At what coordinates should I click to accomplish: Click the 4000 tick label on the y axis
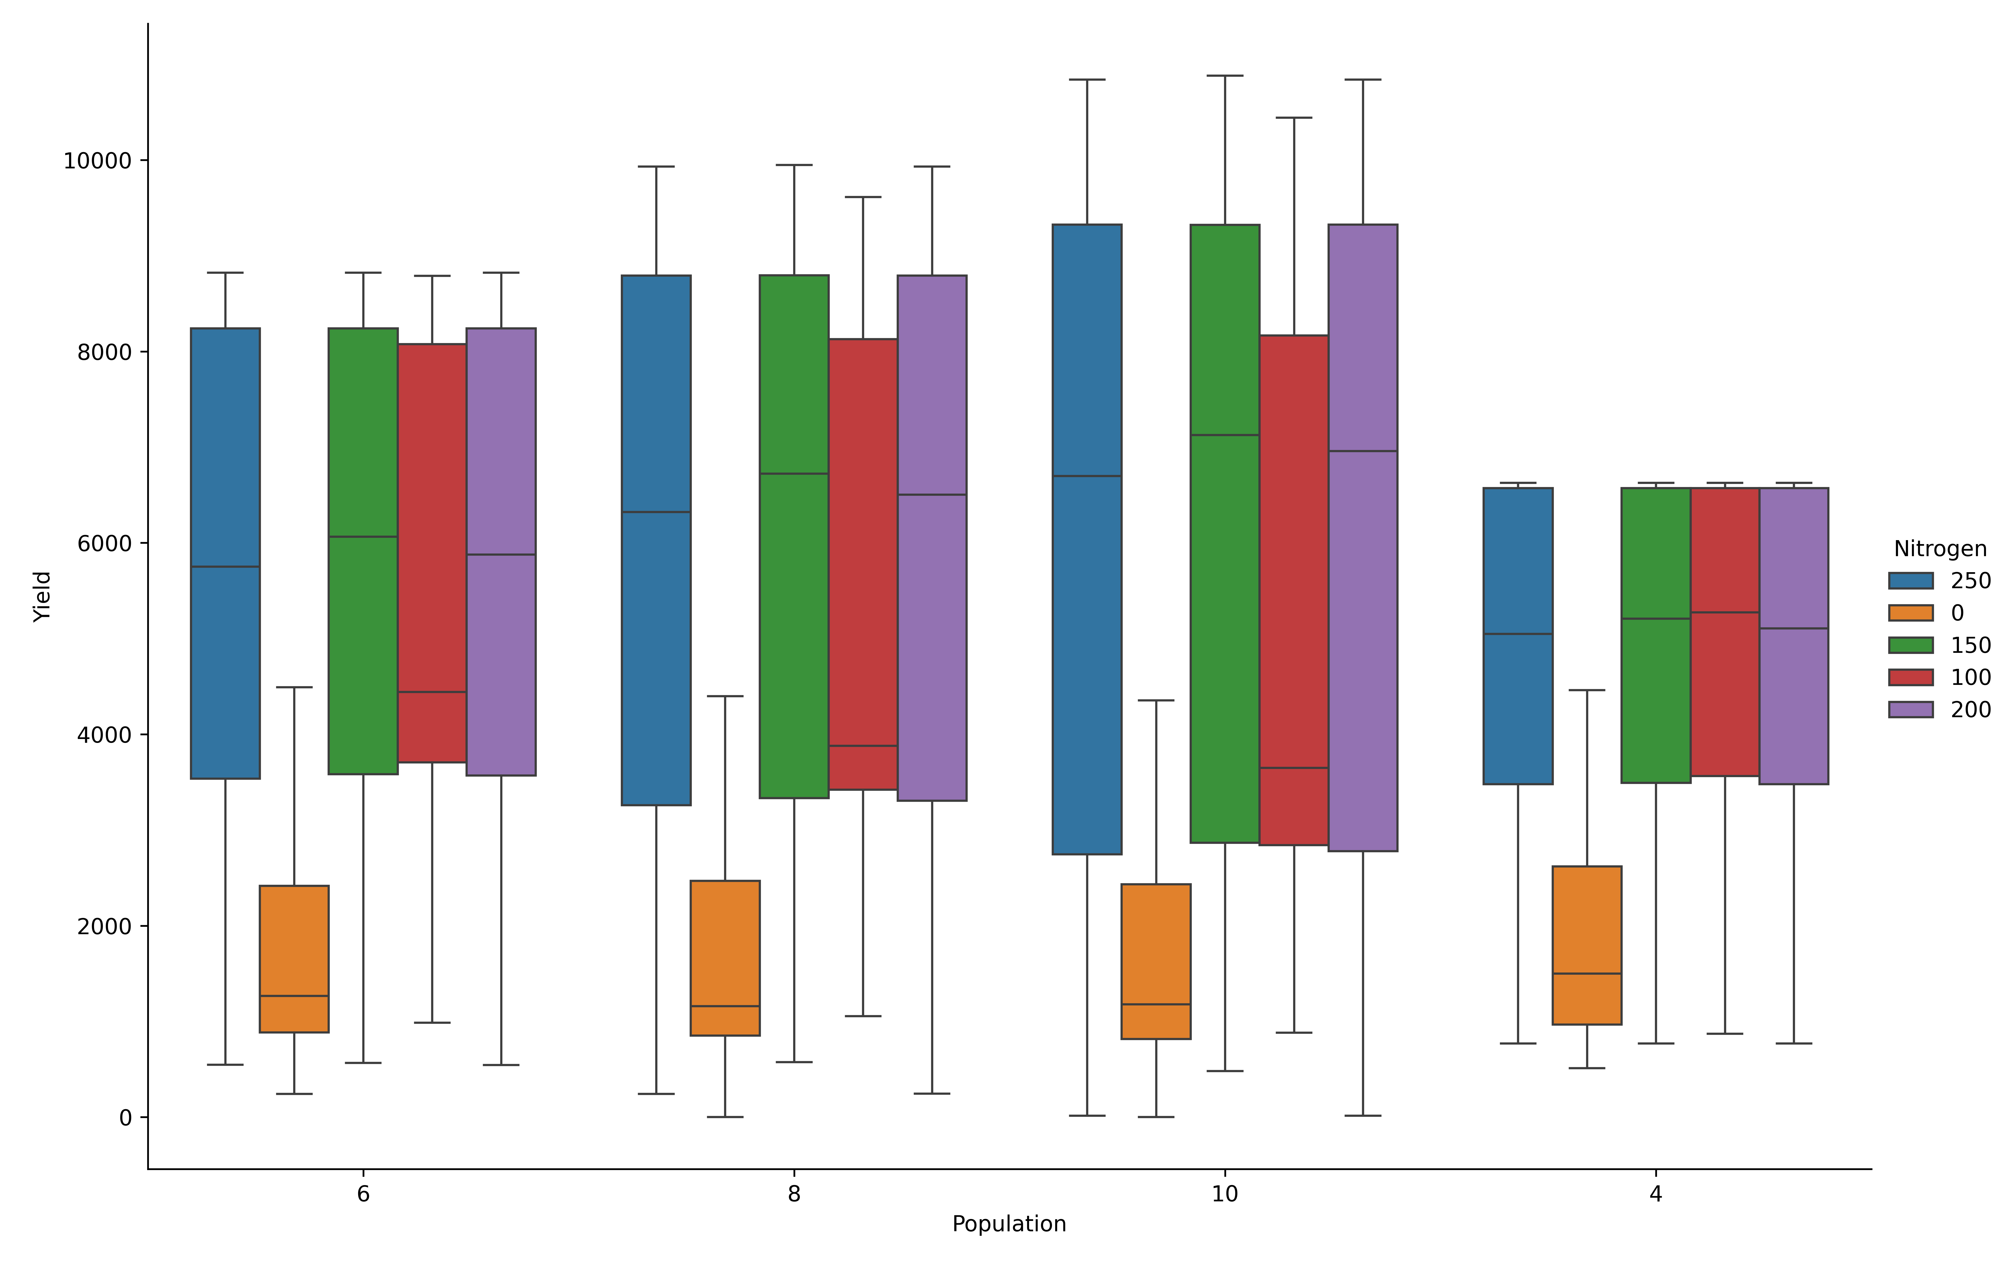click(104, 735)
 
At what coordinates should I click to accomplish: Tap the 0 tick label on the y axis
click(126, 1118)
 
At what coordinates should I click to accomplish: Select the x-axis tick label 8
click(794, 1194)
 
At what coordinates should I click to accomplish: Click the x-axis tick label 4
click(1656, 1194)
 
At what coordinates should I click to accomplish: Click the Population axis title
click(1009, 1224)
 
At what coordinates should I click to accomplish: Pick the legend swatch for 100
click(1910, 677)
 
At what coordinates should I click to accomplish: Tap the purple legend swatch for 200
click(1910, 710)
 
